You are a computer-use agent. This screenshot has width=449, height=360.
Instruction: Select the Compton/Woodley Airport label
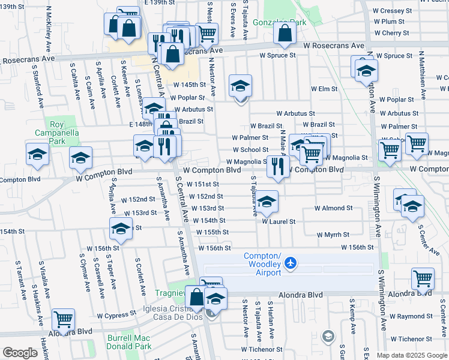pos(262,265)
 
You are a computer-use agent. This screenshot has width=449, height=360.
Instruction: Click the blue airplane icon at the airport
pos(291,263)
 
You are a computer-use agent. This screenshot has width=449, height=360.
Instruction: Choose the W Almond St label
pos(333,208)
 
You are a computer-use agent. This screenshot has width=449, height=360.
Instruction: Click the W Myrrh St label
pos(333,235)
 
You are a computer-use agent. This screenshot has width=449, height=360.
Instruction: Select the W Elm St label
pos(324,89)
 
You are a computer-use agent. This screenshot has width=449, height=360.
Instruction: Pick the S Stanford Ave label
pos(37,85)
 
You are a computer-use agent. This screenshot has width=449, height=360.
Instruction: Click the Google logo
pos(20,353)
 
